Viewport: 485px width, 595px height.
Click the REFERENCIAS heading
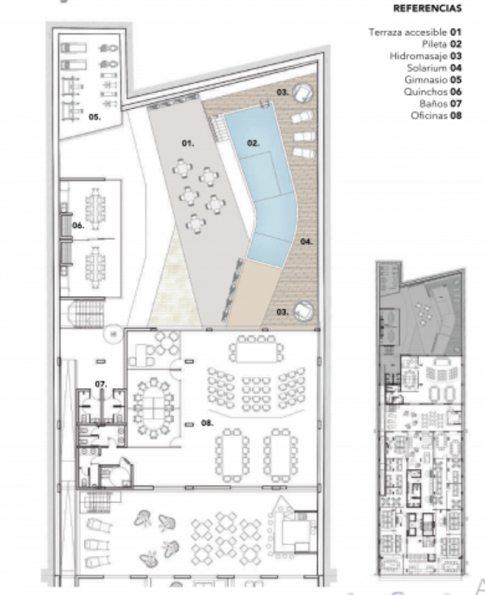pyautogui.click(x=427, y=9)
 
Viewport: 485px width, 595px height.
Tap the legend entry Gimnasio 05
pyautogui.click(x=434, y=80)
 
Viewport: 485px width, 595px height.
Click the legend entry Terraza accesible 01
pyautogui.click(x=415, y=32)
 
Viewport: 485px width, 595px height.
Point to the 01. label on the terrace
pyautogui.click(x=188, y=143)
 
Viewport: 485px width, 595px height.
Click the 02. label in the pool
pyautogui.click(x=253, y=143)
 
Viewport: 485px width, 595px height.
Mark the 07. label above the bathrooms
pyautogui.click(x=100, y=383)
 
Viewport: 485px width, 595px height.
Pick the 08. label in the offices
pyautogui.click(x=206, y=423)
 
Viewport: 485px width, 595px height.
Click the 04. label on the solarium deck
pyautogui.click(x=306, y=241)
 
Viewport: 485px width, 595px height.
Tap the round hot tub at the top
pyautogui.click(x=304, y=93)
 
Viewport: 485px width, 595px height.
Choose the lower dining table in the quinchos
pyautogui.click(x=95, y=265)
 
